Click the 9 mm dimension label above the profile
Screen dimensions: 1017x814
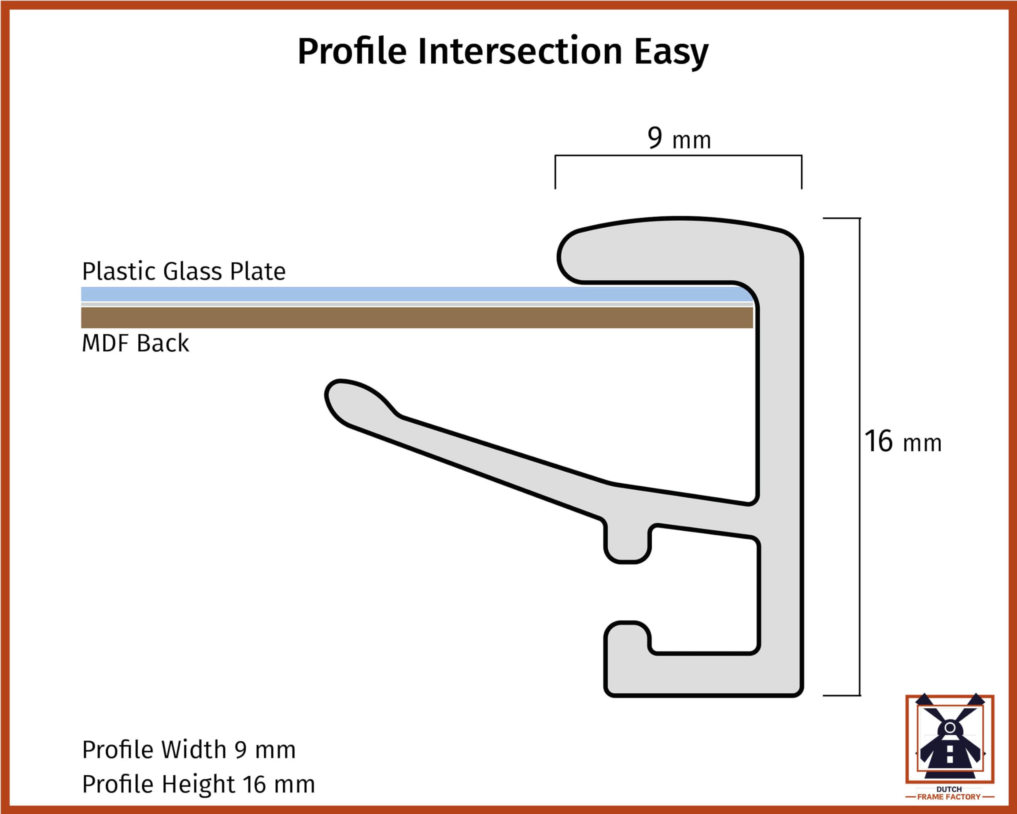(x=679, y=138)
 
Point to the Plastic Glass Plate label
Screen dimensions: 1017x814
(x=184, y=271)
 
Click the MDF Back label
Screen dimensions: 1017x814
(x=135, y=343)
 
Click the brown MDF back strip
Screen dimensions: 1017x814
(x=417, y=318)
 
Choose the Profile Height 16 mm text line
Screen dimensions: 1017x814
(x=198, y=784)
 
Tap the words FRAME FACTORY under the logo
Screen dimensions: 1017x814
(x=949, y=797)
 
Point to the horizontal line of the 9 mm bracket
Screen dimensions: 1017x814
(x=678, y=155)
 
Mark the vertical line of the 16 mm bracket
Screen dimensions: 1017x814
(x=859, y=457)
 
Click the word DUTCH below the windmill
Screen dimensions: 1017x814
(x=949, y=789)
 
